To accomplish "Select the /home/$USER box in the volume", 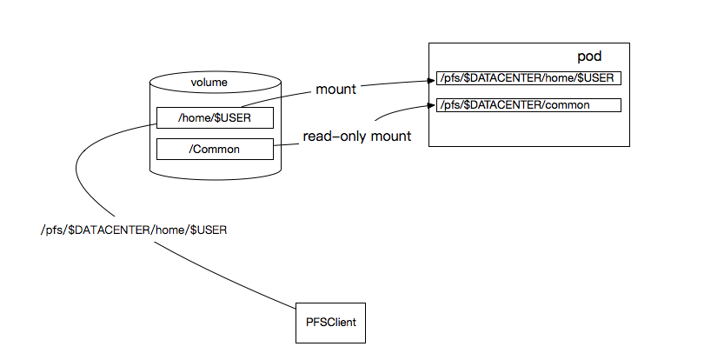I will [215, 118].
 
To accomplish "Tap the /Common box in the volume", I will [215, 149].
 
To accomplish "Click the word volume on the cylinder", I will [209, 83].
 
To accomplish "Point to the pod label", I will [590, 57].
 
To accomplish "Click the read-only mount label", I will [356, 137].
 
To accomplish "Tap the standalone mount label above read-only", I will [336, 90].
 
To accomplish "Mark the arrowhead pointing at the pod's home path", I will [432, 81].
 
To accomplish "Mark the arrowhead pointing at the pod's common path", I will [432, 105].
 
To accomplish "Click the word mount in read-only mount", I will [392, 137].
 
